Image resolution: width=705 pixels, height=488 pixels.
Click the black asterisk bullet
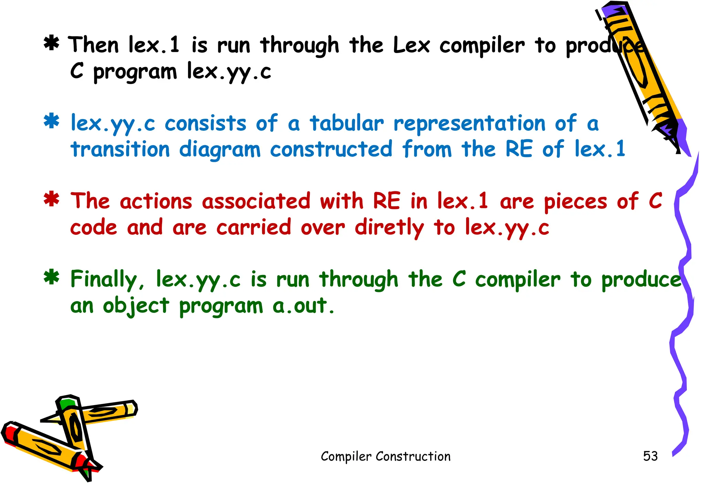click(51, 44)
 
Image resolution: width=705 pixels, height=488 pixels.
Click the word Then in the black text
click(93, 45)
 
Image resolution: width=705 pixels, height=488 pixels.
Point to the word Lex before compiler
click(411, 45)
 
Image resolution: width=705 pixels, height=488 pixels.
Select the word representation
click(470, 124)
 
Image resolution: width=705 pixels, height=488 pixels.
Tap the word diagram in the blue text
click(220, 150)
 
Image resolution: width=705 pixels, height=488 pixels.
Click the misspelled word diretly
click(389, 228)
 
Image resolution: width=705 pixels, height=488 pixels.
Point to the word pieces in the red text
click(575, 202)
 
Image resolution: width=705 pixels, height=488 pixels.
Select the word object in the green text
click(136, 306)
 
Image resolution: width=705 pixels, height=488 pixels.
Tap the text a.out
click(303, 306)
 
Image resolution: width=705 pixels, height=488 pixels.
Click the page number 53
click(650, 456)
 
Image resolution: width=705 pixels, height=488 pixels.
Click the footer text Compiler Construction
click(386, 456)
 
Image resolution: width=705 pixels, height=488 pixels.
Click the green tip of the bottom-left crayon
click(67, 403)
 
